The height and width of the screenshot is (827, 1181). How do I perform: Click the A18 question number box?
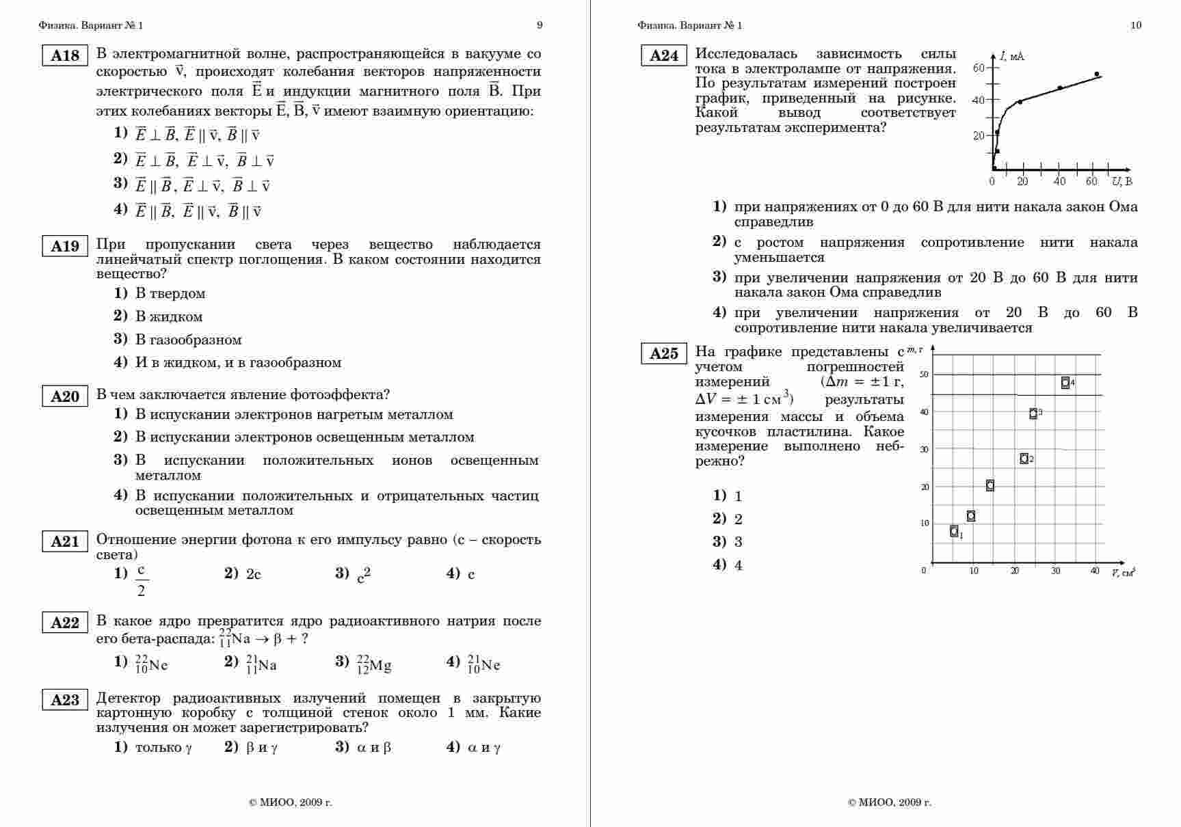tap(65, 55)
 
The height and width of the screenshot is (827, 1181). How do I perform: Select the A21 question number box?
tap(65, 541)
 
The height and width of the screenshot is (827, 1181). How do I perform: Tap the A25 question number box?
tap(663, 353)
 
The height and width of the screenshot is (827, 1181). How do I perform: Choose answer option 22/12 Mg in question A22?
tap(373, 664)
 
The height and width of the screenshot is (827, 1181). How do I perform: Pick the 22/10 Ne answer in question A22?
tap(151, 664)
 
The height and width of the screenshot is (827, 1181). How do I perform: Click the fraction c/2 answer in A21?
tap(141, 580)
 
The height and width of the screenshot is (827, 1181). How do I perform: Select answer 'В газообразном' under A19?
tap(188, 340)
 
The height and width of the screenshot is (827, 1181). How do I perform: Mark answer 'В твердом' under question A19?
tap(170, 293)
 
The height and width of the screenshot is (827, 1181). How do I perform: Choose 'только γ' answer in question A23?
tap(163, 747)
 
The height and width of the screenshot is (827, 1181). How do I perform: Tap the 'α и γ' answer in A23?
tap(484, 747)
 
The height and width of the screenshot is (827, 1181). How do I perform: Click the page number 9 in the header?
tap(540, 25)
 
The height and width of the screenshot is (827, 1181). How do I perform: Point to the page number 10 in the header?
tap(1136, 25)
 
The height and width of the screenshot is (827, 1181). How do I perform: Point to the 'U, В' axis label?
tap(1122, 181)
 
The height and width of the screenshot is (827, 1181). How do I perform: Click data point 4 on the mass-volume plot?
tap(1065, 383)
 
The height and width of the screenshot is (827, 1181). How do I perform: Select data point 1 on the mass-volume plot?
tap(954, 531)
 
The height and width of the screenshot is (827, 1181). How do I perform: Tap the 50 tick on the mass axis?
tap(925, 374)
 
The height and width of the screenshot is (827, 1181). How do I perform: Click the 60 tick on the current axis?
tap(979, 67)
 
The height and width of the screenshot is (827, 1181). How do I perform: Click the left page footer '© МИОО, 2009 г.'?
tap(290, 802)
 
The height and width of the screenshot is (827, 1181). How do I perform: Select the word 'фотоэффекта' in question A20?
tap(340, 394)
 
